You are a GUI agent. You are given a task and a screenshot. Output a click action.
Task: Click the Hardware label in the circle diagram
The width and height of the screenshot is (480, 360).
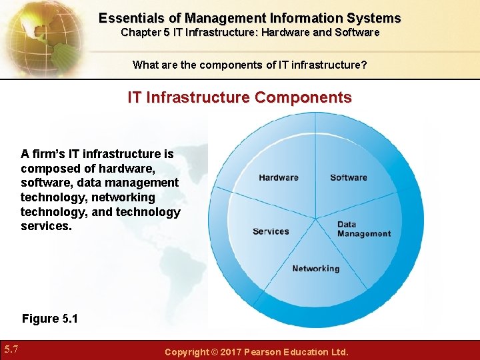click(x=279, y=177)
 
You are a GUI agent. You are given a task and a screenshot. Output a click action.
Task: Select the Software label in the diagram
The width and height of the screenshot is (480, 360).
click(x=348, y=177)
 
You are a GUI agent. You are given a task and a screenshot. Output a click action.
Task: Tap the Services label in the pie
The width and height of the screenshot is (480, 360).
click(x=271, y=231)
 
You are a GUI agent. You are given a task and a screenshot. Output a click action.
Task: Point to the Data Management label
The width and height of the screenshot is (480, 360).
click(x=363, y=229)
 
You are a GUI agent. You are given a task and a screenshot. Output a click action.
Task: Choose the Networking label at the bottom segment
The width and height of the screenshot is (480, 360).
click(x=315, y=269)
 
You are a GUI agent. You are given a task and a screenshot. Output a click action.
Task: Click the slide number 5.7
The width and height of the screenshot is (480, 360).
click(x=11, y=349)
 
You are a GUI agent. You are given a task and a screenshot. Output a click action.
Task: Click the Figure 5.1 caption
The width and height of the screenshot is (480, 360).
click(x=49, y=319)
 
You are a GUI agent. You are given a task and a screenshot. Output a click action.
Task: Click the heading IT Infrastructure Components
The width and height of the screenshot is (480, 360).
click(x=240, y=97)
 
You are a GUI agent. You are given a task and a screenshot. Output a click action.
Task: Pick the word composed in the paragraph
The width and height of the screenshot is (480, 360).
click(x=48, y=168)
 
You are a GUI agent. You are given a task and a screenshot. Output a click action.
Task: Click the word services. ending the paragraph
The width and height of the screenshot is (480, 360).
click(x=46, y=227)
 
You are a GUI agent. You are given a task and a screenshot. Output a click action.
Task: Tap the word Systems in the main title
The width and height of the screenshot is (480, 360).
click(x=375, y=18)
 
